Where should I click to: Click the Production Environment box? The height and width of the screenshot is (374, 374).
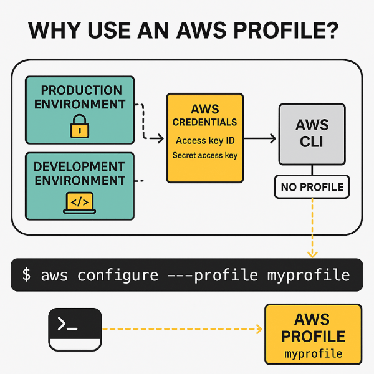(79, 110)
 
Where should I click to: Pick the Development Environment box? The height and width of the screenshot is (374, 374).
(79, 186)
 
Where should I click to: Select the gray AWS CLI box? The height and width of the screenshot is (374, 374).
(311, 132)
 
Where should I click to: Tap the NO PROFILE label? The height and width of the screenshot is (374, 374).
(312, 186)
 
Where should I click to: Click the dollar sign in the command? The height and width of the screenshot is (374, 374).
(26, 275)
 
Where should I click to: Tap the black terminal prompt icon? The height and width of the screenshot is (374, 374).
(75, 329)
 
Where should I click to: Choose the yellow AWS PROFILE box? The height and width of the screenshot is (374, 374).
(313, 334)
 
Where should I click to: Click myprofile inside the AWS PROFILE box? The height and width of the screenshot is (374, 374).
(313, 354)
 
